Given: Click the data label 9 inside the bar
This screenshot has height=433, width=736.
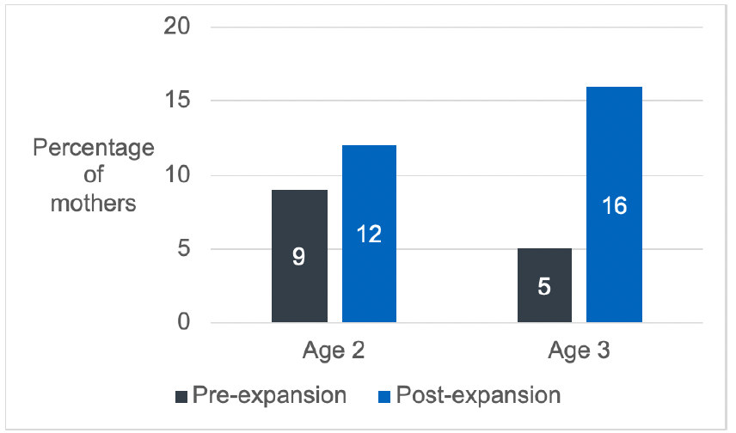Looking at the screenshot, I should click(299, 257).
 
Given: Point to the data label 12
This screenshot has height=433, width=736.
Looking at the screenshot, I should click(369, 235).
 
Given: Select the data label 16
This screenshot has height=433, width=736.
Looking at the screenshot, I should click(614, 205).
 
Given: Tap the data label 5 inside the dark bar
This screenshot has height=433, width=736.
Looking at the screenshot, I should click(544, 286).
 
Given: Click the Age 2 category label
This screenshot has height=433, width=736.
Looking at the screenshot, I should click(334, 351).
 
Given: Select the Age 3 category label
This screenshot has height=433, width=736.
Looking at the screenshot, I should click(580, 351).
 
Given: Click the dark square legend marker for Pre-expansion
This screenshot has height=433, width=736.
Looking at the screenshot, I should click(181, 396).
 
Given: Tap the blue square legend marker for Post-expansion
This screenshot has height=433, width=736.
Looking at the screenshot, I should click(383, 396).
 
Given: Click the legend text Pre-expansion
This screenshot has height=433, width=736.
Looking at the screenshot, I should click(269, 395).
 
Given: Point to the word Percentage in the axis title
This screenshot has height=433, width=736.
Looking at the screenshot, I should click(94, 147).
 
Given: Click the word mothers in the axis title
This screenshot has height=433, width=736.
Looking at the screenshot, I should click(94, 204).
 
